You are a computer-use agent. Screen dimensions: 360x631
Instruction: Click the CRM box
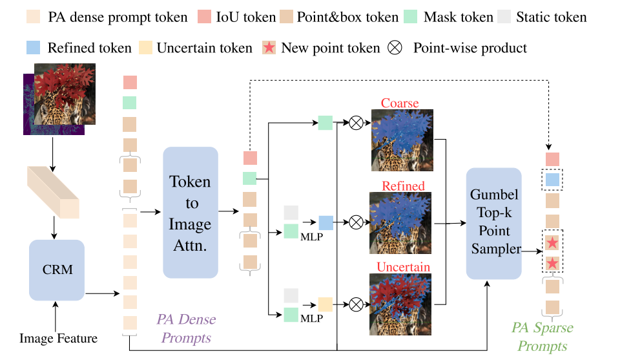[57, 270]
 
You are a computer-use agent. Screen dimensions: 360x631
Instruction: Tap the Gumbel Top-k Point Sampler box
[494, 223]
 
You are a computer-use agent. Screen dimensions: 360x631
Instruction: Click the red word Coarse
[400, 103]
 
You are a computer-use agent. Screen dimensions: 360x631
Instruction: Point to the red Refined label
[403, 186]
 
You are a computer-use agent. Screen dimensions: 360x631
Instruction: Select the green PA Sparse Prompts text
[542, 337]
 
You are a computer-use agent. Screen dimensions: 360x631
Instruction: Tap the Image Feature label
[58, 338]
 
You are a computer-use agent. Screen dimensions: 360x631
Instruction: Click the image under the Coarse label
[401, 140]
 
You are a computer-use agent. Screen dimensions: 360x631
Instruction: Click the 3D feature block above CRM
[54, 191]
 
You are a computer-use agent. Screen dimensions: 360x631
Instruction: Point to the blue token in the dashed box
[552, 179]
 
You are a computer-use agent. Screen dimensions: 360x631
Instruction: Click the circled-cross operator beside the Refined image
[357, 221]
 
